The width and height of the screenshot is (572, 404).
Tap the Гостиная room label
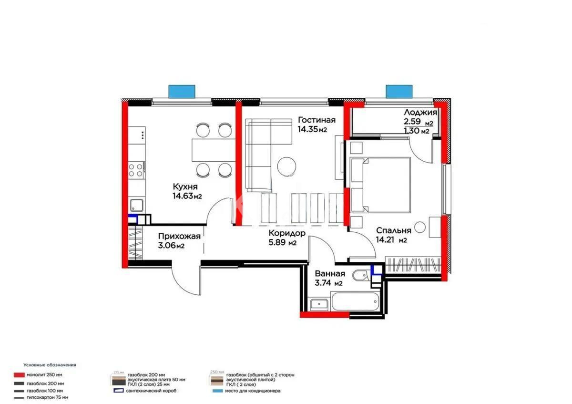pyautogui.click(x=317, y=120)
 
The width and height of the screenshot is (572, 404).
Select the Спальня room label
pyautogui.click(x=391, y=229)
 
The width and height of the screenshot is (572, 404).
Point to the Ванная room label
pyautogui.click(x=330, y=274)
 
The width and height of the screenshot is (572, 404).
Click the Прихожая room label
pyautogui.click(x=179, y=235)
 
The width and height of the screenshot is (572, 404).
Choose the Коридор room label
pyautogui.click(x=286, y=233)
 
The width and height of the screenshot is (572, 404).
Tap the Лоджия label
pyautogui.click(x=420, y=113)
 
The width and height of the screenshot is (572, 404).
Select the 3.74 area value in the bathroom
pyautogui.click(x=324, y=283)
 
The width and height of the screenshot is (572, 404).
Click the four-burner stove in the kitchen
pyautogui.click(x=136, y=170)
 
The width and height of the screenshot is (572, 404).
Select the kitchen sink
pyautogui.click(x=137, y=206)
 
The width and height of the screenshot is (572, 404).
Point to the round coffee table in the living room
pyautogui.click(x=286, y=166)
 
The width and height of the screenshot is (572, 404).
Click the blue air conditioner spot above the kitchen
pyautogui.click(x=182, y=91)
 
